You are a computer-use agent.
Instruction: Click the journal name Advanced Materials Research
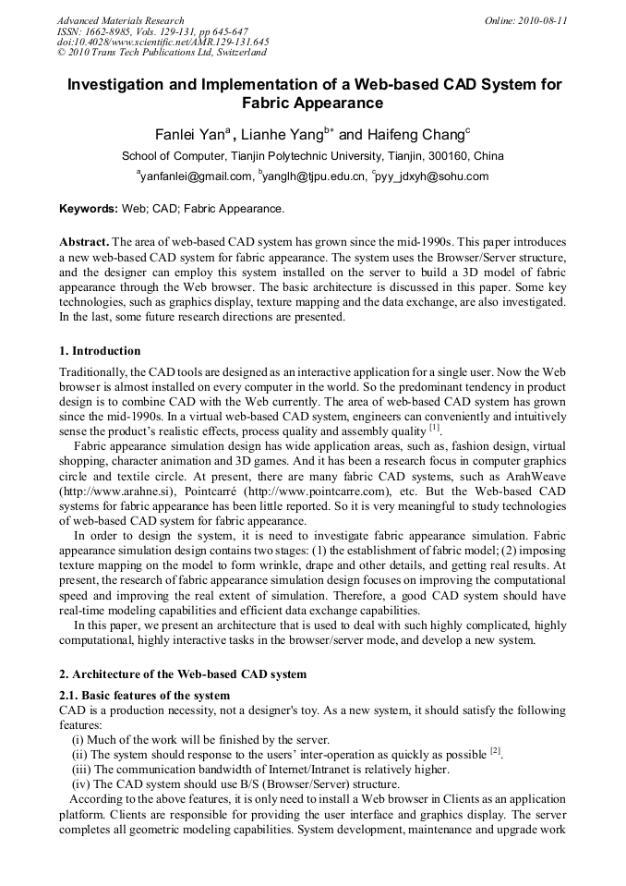coord(120,19)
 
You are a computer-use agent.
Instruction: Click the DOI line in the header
coord(163,42)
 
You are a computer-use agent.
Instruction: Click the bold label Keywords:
coord(88,209)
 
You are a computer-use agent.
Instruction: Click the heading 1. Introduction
coord(100,351)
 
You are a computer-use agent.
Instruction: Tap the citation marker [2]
coord(495,750)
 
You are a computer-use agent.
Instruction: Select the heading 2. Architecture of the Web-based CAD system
coord(183,674)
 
